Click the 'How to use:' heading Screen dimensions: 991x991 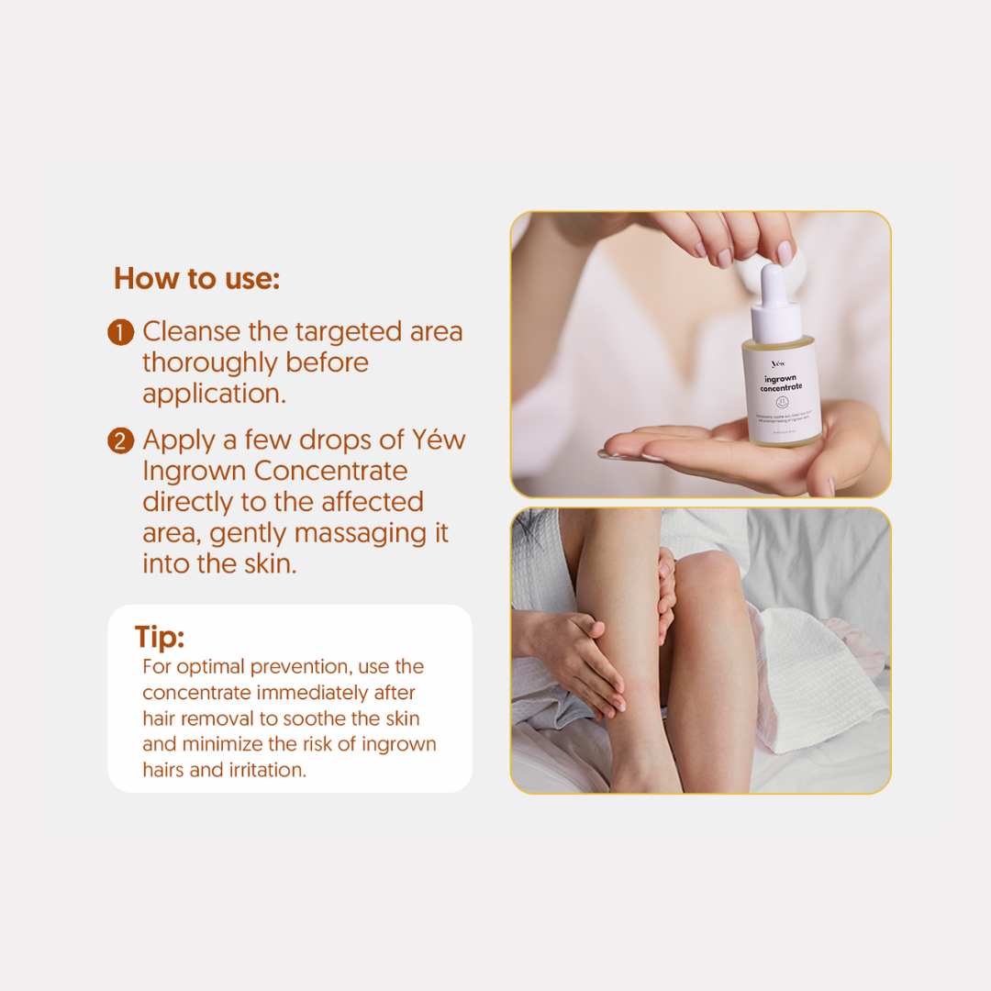(x=196, y=278)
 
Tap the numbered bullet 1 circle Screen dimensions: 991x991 (x=120, y=332)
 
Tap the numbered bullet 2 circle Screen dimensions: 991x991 (x=120, y=440)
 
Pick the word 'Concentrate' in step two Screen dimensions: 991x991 (x=330, y=471)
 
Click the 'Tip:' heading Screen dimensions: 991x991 (x=160, y=637)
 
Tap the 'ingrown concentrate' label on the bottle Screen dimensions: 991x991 (x=782, y=383)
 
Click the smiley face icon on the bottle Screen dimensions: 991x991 (x=782, y=402)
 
